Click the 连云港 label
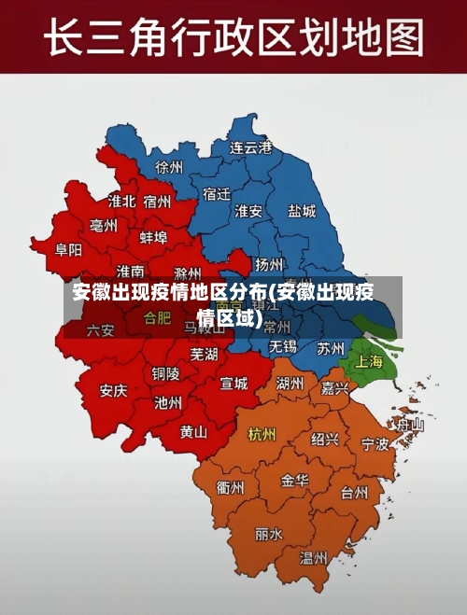coord(251,147)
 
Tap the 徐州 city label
coord(170,167)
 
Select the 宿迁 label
coord(217,194)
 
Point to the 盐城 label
coord(302,211)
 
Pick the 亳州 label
coord(104,226)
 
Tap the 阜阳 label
coord(68,249)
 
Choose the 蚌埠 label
coord(153,237)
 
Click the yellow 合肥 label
coord(157,317)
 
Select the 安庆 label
coord(113,390)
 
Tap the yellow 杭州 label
coord(262,434)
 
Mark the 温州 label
coord(313,557)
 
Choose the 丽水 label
coord(268,535)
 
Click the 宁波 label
coord(375,444)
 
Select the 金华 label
coord(295,480)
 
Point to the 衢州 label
coord(230,488)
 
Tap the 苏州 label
coord(331,348)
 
